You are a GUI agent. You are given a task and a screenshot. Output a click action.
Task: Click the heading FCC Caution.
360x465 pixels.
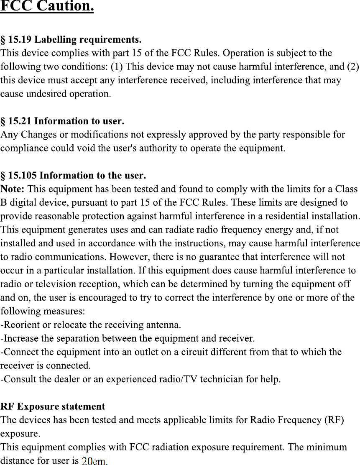(47, 7)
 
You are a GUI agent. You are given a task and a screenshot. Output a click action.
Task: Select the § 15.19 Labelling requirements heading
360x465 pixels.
(71, 40)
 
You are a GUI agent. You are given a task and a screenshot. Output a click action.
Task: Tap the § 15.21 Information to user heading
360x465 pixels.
(62, 122)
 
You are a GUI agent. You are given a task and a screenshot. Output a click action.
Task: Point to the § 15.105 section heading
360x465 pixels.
(73, 175)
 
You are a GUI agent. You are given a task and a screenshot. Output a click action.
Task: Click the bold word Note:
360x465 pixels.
(13, 189)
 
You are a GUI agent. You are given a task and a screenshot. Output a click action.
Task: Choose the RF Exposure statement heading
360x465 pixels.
(53, 406)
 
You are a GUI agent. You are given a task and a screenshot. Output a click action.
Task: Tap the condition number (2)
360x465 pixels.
(353, 66)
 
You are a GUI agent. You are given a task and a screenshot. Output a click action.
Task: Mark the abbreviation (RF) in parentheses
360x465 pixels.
(334, 420)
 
